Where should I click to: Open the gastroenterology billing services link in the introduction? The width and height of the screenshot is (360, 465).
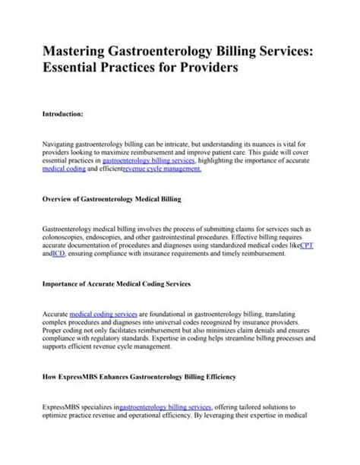click(149, 161)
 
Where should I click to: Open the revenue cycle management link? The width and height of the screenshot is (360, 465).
click(163, 170)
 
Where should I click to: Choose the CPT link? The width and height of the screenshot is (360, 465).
click(306, 247)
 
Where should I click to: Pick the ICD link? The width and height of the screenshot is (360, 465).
click(58, 256)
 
